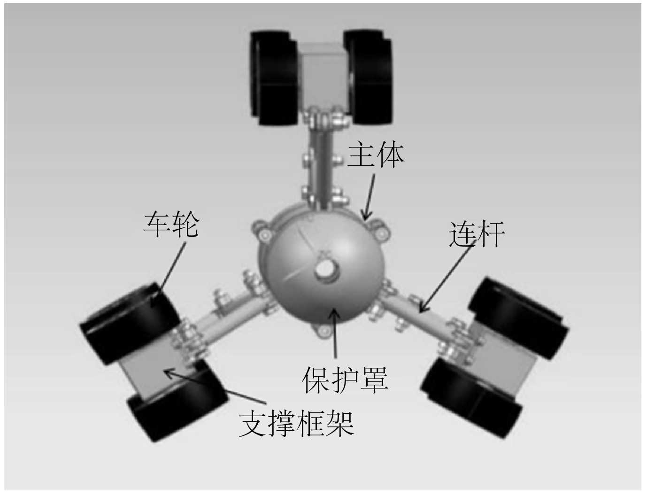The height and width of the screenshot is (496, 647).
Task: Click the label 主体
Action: (x=376, y=155)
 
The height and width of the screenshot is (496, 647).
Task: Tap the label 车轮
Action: (x=171, y=224)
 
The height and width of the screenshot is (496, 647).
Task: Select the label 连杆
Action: (x=477, y=233)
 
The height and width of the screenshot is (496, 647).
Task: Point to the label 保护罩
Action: (x=345, y=380)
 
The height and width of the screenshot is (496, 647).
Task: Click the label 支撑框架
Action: (x=296, y=424)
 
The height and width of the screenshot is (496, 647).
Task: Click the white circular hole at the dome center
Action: (x=324, y=269)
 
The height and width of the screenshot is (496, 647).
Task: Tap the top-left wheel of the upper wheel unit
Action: (x=273, y=77)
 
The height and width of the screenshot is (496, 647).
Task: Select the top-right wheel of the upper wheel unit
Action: (x=369, y=77)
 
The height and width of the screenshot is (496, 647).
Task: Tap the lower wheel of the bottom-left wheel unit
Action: (x=176, y=404)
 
